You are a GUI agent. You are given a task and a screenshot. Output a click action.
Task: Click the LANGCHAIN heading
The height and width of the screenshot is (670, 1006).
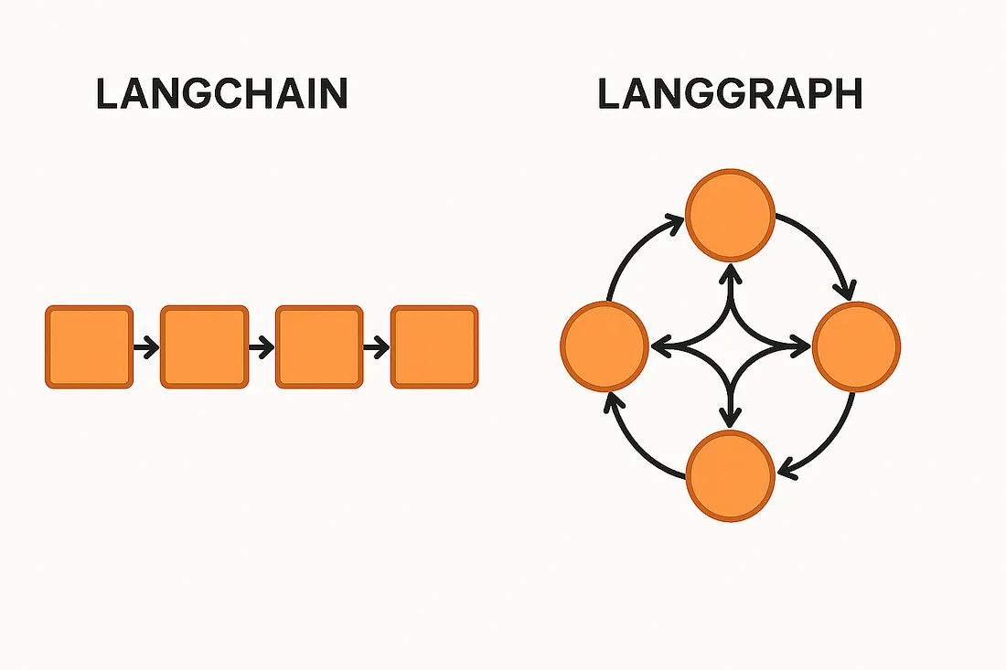point(222,94)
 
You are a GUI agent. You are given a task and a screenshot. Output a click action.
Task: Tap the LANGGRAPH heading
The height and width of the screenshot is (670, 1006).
point(730,94)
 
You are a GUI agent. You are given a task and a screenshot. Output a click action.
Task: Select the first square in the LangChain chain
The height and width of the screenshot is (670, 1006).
point(89,347)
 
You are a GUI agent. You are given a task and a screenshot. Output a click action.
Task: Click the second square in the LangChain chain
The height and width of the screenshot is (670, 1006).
point(204,347)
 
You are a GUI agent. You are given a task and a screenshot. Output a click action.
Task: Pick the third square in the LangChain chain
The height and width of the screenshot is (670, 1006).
point(319,347)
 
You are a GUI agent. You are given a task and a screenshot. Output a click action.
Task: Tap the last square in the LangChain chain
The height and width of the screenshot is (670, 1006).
point(434,347)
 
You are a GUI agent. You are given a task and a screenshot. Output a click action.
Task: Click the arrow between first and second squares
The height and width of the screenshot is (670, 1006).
point(146,347)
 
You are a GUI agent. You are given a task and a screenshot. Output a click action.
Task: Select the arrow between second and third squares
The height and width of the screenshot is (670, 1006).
point(262,347)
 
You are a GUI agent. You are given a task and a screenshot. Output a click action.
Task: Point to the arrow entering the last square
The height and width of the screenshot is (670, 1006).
point(377,347)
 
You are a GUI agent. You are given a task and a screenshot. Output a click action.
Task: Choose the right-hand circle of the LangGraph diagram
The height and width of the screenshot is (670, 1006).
point(856,346)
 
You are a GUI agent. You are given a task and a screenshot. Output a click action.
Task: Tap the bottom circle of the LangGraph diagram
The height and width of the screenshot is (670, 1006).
point(730,474)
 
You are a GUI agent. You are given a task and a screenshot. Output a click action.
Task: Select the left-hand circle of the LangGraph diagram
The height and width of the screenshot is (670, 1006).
point(605,346)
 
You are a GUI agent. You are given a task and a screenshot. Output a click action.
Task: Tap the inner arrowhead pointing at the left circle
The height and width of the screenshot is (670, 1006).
point(660,346)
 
